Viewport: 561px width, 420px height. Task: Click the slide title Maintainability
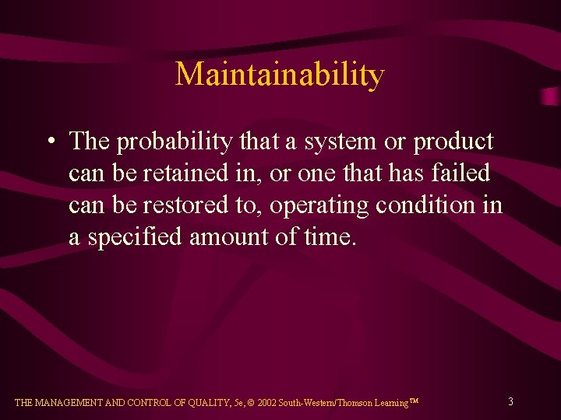click(x=280, y=75)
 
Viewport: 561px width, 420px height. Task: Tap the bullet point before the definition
click(x=50, y=143)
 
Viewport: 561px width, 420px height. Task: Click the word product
click(x=453, y=142)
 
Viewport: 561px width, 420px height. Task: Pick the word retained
click(x=185, y=174)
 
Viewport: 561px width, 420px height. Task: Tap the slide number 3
click(x=510, y=402)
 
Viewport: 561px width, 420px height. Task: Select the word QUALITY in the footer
click(x=210, y=403)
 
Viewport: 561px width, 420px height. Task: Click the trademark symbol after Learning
click(x=415, y=401)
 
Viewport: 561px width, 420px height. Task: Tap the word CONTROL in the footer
click(x=152, y=403)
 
